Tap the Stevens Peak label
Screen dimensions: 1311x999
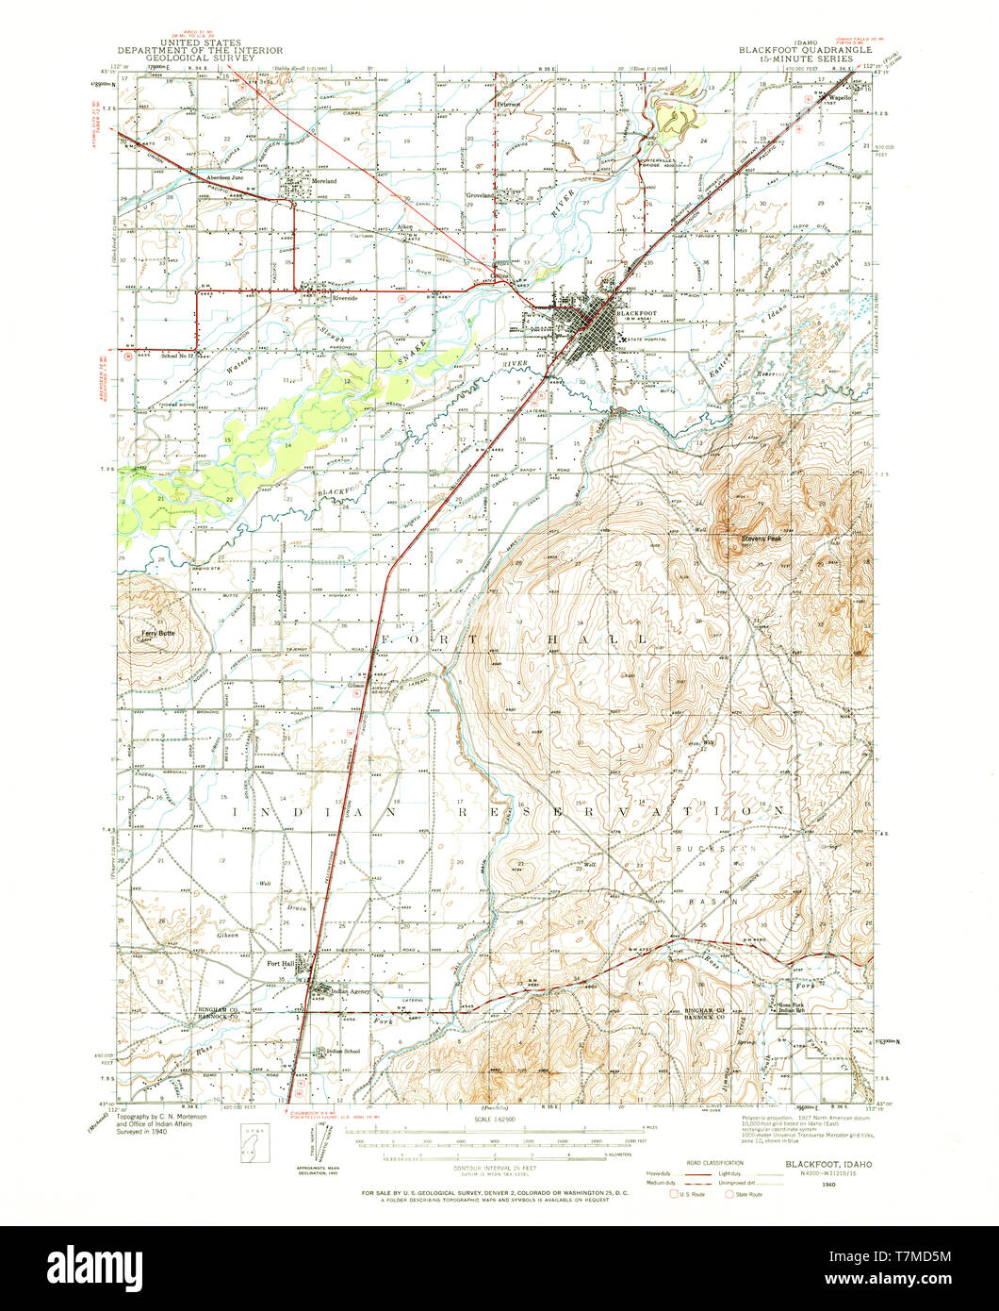tap(761, 539)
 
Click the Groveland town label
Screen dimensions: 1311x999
tap(482, 198)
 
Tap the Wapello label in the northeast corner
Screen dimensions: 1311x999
tap(840, 97)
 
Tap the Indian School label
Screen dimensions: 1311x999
tap(342, 1051)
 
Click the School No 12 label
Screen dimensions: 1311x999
tap(176, 356)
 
